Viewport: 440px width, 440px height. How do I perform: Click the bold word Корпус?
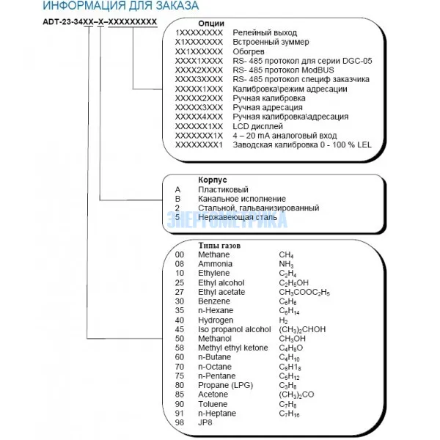[x=213, y=179]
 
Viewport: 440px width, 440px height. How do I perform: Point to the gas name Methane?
[x=213, y=254]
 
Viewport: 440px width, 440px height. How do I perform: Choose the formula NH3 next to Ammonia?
[x=286, y=263]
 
